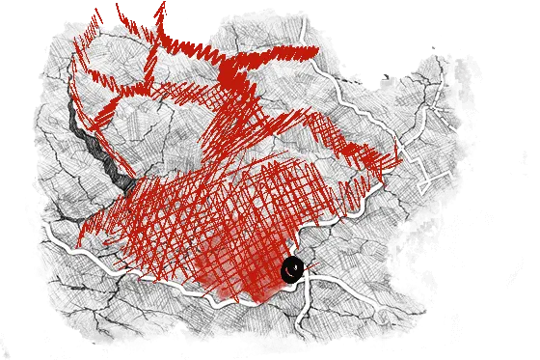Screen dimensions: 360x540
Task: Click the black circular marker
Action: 292,269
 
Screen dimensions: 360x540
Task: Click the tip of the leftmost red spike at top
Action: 95,12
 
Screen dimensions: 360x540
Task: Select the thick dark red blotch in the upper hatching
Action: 231,72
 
